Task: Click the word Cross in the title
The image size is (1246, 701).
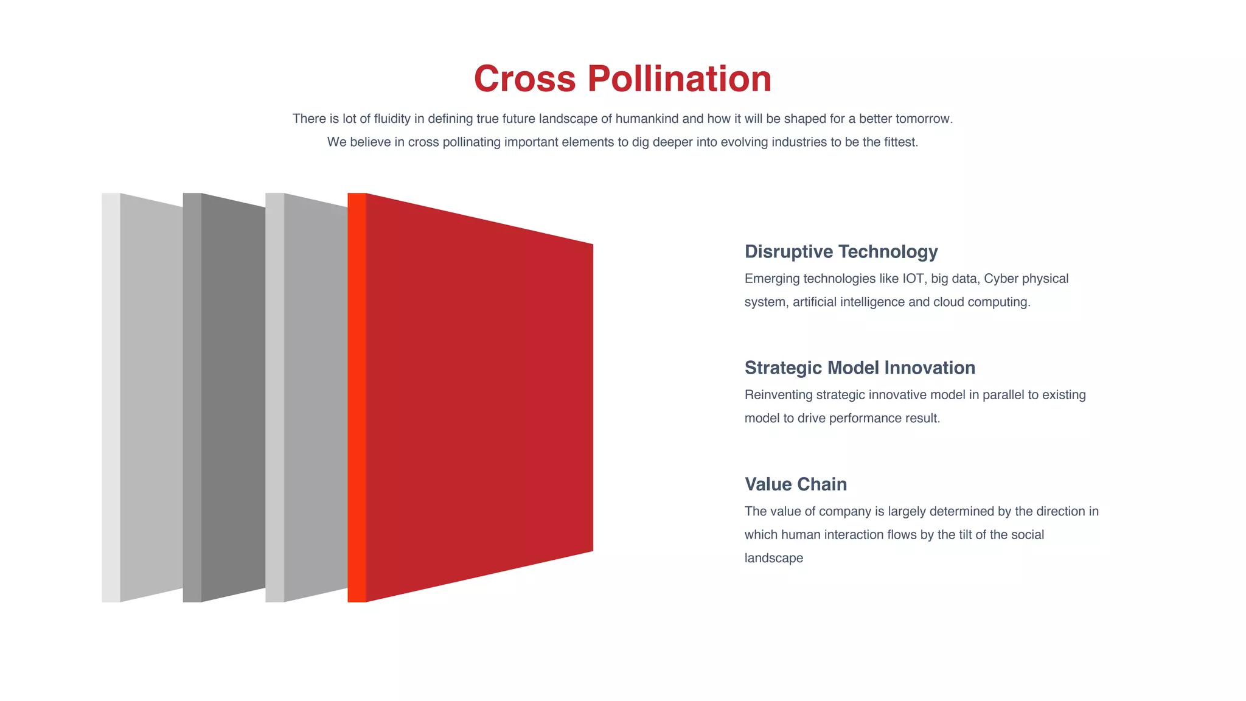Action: [524, 79]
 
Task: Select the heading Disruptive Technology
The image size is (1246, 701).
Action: [841, 251]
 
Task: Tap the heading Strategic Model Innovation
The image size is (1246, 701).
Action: [860, 368]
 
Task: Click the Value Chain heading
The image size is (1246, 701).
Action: [795, 484]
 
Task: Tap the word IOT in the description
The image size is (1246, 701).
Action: [913, 279]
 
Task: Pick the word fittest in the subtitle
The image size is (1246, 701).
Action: [900, 142]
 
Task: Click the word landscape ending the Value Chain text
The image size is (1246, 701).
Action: [773, 558]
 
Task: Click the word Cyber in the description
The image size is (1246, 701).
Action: [1001, 279]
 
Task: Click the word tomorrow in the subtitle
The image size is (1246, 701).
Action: [923, 119]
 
